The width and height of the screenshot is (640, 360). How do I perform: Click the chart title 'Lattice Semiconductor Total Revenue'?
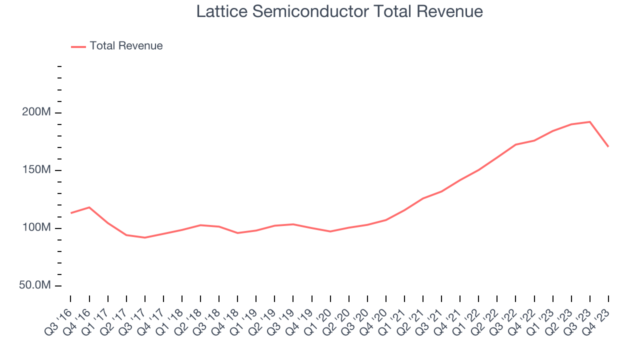[x=339, y=11]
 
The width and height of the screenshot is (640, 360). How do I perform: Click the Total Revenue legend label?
[x=126, y=46]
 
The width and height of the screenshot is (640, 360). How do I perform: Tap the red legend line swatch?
[x=78, y=46]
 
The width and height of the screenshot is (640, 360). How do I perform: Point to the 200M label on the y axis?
[x=36, y=112]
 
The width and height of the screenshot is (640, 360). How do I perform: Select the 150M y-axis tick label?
[x=36, y=170]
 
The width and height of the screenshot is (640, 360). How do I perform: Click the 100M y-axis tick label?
[x=36, y=228]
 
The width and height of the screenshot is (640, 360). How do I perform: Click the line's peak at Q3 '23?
[x=590, y=121]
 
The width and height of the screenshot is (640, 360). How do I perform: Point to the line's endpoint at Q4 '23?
[x=608, y=146]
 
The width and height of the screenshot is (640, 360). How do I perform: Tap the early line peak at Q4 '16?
[x=89, y=207]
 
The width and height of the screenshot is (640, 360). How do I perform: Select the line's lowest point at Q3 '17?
[x=144, y=237]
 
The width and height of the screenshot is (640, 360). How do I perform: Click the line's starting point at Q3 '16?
[x=70, y=213]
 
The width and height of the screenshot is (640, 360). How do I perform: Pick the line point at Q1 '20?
[x=330, y=231]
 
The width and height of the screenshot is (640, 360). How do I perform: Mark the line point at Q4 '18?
[x=237, y=233]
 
